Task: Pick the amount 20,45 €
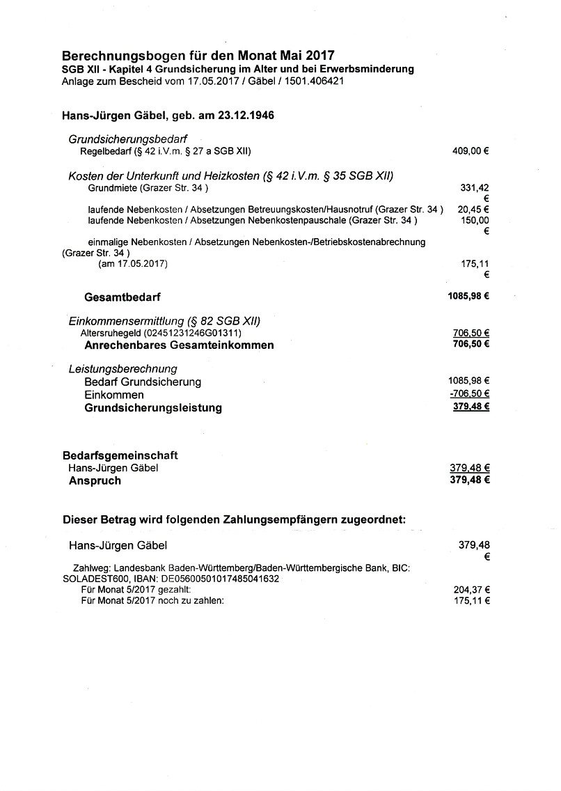tap(473, 209)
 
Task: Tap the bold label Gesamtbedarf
tap(123, 297)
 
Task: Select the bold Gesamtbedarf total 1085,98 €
tap(468, 296)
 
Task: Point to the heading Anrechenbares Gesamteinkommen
tap(179, 345)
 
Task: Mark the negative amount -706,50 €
tap(469, 394)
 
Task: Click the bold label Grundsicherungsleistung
tap(153, 408)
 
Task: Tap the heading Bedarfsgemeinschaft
tap(120, 455)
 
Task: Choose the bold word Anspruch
tap(95, 480)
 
